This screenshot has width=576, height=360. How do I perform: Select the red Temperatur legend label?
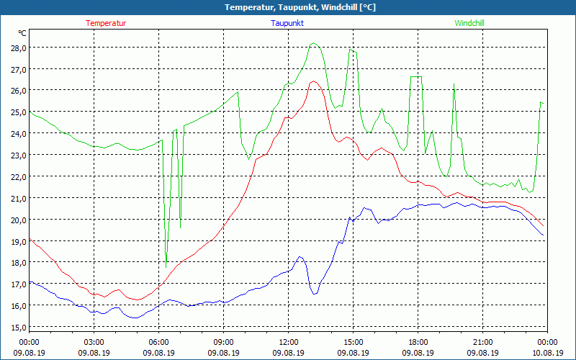coord(106,23)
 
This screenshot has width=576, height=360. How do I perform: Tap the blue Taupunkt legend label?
coord(287,23)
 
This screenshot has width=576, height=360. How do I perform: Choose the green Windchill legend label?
coord(469,23)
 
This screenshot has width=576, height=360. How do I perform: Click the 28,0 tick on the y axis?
coord(19,48)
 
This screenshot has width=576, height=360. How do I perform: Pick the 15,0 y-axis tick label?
coord(19,327)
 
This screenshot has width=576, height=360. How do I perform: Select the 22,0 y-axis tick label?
coord(19,176)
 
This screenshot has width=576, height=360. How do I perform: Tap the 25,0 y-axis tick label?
coord(19,112)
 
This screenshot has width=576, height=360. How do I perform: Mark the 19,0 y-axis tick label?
coord(19,241)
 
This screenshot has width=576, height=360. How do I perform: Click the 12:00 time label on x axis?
coord(288,342)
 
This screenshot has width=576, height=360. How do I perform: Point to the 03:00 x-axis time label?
coord(94,342)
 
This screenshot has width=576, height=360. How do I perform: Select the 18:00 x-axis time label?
coord(418,342)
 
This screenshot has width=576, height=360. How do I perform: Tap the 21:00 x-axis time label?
coord(482,342)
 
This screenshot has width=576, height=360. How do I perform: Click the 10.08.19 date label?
coord(547,353)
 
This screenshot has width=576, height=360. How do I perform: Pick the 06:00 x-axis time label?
coord(158,342)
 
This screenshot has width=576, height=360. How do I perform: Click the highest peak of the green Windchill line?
coord(313,43)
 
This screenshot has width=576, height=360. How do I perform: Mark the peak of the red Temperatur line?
coord(313,81)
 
